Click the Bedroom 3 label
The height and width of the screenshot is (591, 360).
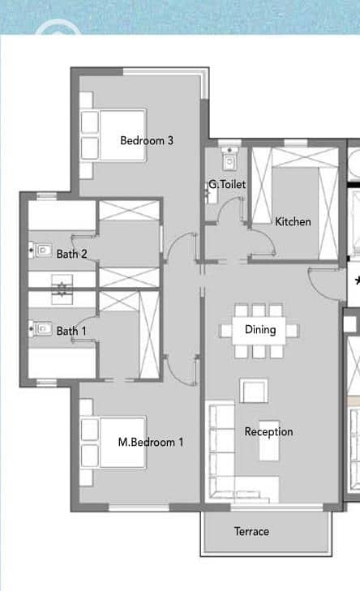[x=147, y=140]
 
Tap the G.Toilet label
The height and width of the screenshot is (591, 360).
[x=227, y=184]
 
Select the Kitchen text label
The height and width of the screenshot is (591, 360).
[x=293, y=221]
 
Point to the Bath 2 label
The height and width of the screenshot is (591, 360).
[x=71, y=254]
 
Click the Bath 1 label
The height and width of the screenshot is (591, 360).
[x=71, y=332]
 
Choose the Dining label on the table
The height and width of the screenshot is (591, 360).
[x=260, y=330]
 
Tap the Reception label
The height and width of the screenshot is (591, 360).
[x=268, y=431]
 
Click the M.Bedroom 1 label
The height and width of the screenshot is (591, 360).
[x=151, y=442]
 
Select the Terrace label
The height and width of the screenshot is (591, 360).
[x=251, y=532]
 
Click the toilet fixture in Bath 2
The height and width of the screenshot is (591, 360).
[x=41, y=250]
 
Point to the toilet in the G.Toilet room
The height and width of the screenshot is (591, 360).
[x=229, y=158]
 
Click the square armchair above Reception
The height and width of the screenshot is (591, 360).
[x=254, y=391]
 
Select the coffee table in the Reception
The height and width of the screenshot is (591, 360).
[x=269, y=441]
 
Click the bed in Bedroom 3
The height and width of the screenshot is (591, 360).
[x=113, y=135]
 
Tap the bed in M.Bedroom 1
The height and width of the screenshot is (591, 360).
[x=113, y=442]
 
